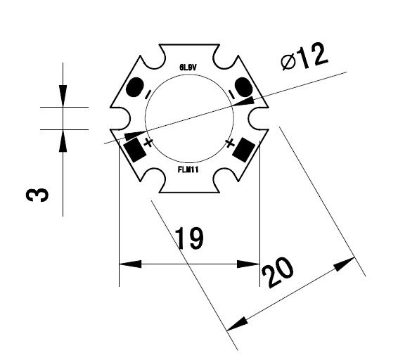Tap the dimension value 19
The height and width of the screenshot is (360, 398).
point(189,239)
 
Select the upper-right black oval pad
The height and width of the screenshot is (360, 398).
point(243,88)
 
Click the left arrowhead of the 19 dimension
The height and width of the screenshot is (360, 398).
point(127,264)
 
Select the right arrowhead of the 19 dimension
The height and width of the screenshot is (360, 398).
point(252,264)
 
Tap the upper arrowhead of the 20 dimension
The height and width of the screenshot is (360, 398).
point(345,264)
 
